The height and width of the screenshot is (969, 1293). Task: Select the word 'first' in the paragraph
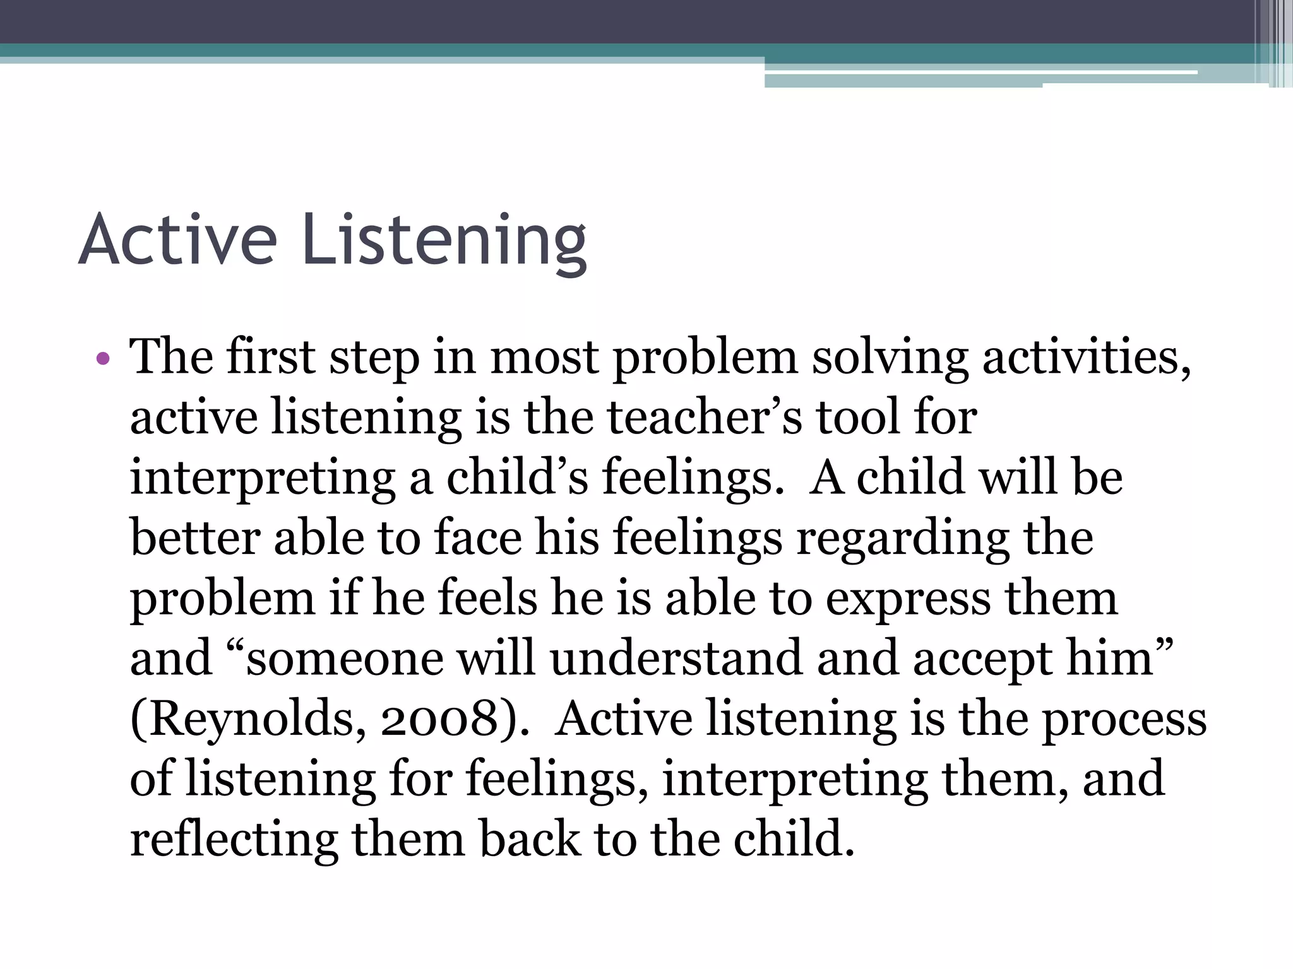[x=270, y=357]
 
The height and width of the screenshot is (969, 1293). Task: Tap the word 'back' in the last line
[x=530, y=840]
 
